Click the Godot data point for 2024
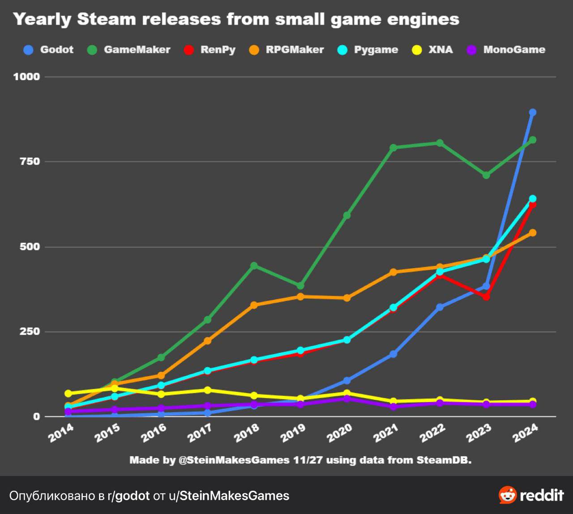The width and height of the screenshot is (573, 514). tap(533, 112)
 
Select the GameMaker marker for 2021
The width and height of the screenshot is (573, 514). tap(393, 148)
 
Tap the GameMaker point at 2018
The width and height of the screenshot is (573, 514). tap(254, 266)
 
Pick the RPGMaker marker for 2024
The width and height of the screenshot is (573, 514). tap(533, 233)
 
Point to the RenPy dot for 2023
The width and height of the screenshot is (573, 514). tap(486, 297)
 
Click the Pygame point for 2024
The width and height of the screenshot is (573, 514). tap(533, 198)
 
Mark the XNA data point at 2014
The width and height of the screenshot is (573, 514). tap(68, 394)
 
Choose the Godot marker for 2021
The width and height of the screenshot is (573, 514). tap(393, 354)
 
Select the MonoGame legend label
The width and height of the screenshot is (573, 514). tap(514, 50)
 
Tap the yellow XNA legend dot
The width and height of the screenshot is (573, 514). tap(417, 50)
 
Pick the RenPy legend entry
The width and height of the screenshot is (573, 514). tap(218, 50)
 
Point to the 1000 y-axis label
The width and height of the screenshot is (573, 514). tap(27, 77)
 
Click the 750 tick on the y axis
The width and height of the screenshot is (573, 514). tap(30, 162)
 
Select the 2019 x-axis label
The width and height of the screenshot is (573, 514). tap(293, 433)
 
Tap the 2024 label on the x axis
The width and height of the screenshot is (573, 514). tap(525, 433)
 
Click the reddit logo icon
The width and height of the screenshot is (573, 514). tap(508, 495)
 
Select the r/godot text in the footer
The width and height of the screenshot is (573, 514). tap(128, 496)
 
